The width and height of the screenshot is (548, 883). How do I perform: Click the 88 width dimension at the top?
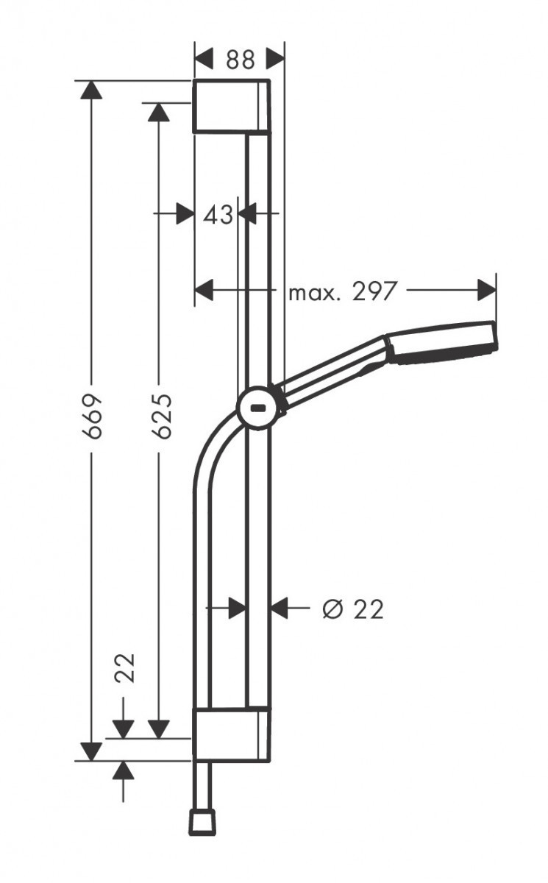(x=240, y=59)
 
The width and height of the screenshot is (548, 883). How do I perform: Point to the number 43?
(x=218, y=214)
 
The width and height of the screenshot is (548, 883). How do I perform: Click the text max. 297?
(x=342, y=292)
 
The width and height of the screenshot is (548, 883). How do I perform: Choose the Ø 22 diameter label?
(x=353, y=609)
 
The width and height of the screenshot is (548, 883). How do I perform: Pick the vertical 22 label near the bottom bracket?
(x=127, y=667)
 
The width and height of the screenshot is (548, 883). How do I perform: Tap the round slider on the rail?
(x=257, y=407)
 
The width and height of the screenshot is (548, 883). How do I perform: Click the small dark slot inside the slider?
(x=258, y=407)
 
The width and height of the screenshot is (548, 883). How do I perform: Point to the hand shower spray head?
(x=444, y=343)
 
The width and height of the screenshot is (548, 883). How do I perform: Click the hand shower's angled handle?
(x=331, y=372)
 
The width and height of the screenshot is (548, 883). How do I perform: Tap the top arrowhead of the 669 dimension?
(x=90, y=89)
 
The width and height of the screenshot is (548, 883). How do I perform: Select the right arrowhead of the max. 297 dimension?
(x=487, y=290)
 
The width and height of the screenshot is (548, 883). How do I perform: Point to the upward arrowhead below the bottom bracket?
(x=124, y=770)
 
